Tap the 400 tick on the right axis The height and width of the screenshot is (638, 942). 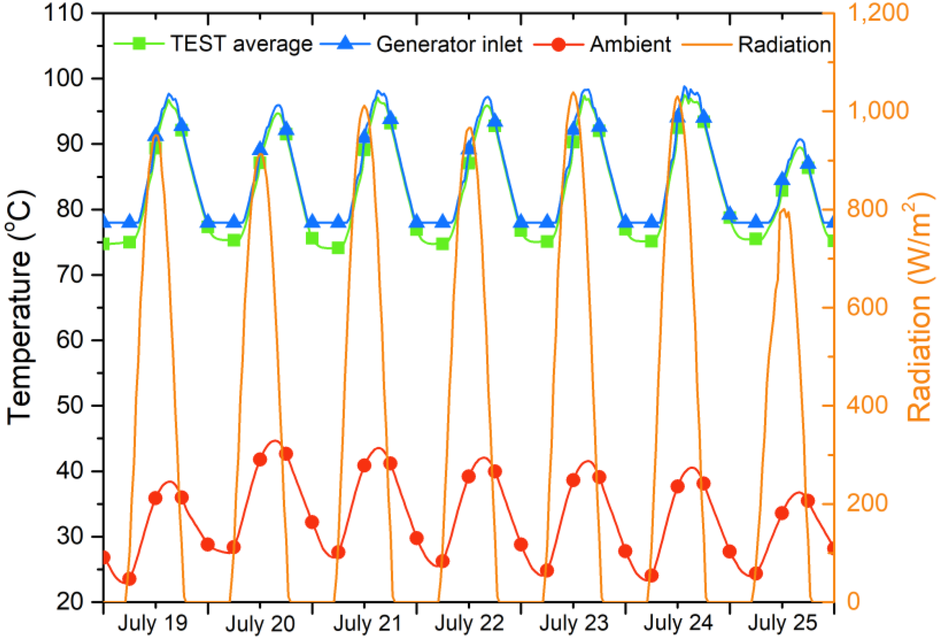point(867,405)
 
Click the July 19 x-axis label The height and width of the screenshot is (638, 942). point(153,623)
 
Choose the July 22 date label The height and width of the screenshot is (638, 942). point(469,623)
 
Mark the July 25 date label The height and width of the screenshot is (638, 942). point(782,623)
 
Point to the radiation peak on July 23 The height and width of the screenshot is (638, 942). point(573,93)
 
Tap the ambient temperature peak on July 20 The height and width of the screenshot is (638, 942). point(275,441)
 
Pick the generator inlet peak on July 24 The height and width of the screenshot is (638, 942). point(685,87)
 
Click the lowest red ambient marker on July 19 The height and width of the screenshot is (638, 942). point(129,579)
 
